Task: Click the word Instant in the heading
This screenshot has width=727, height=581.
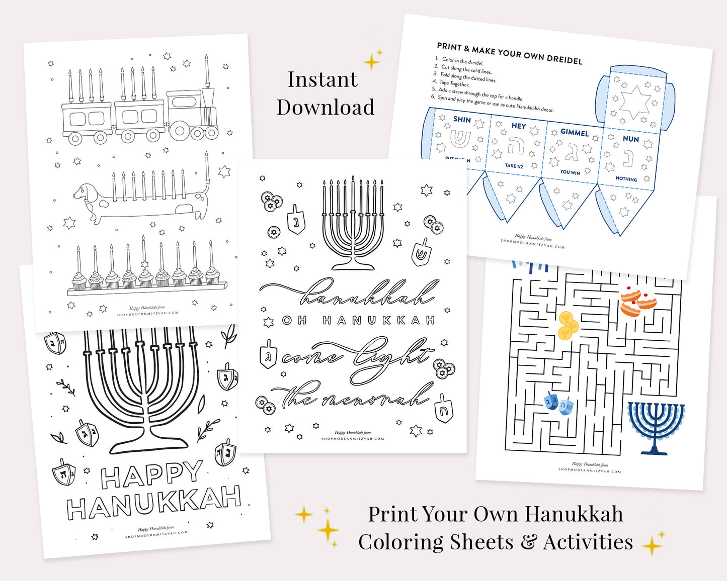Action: click(x=322, y=79)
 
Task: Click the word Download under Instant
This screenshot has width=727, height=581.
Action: click(x=326, y=107)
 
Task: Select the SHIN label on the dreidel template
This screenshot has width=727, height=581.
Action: click(x=462, y=120)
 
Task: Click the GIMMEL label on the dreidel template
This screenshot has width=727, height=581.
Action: click(x=574, y=132)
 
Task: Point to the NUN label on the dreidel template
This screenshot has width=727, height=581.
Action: click(x=630, y=139)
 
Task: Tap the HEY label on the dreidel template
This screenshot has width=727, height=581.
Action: click(x=518, y=126)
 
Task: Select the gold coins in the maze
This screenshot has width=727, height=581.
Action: click(x=568, y=325)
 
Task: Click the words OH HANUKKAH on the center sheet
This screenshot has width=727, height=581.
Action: click(x=358, y=320)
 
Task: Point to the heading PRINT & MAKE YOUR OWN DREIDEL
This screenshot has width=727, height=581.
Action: click(x=509, y=53)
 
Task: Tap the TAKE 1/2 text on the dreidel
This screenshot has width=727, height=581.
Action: click(x=514, y=166)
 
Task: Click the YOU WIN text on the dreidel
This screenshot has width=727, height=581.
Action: click(x=570, y=172)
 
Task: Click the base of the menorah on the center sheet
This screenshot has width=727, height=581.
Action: click(x=353, y=264)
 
